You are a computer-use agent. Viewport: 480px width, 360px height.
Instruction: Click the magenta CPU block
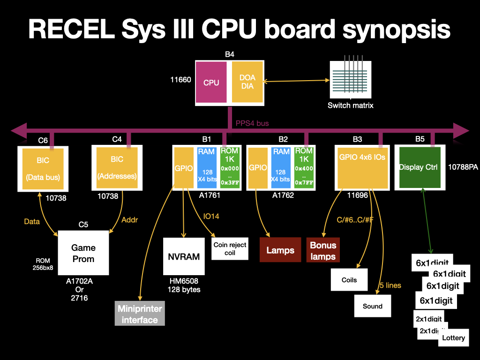point(211,82)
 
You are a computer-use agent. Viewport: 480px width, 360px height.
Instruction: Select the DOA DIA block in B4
point(247,82)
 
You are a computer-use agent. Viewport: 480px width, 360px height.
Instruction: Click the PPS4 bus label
point(252,123)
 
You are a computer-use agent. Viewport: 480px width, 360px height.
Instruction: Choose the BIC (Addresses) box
point(117,168)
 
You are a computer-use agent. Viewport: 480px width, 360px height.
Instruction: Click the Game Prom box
point(83,253)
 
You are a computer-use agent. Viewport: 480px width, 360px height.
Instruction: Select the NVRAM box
point(184,256)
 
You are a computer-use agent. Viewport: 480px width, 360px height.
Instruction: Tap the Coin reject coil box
point(230,248)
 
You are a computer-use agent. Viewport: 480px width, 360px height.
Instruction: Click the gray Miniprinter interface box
point(140,314)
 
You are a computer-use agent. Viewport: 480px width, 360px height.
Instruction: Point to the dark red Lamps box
point(280,250)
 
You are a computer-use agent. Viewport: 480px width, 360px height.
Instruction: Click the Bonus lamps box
point(323,250)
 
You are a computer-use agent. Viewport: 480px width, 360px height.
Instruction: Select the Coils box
point(349,280)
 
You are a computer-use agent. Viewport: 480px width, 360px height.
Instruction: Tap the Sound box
point(373,306)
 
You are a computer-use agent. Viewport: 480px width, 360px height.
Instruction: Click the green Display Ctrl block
point(418,167)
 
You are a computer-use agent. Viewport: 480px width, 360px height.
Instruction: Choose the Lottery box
point(454,338)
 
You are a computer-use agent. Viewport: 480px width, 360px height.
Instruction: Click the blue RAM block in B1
point(206,167)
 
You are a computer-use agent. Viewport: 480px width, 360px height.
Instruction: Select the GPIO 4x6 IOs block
point(362,167)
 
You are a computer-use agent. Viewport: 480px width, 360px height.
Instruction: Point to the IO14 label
point(211,216)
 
